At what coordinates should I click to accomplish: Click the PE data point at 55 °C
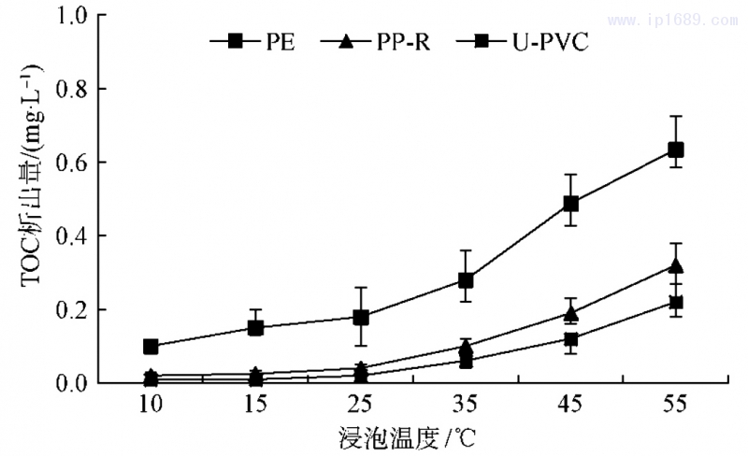pyautogui.click(x=675, y=150)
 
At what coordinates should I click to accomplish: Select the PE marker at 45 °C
pyautogui.click(x=570, y=204)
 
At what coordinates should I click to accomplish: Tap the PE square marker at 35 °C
pyautogui.click(x=466, y=280)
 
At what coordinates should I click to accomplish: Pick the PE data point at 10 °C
pyautogui.click(x=151, y=347)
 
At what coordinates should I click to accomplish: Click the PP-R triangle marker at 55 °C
pyautogui.click(x=675, y=265)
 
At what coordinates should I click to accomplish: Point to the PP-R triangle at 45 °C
pyautogui.click(x=570, y=313)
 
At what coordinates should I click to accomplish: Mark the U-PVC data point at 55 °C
pyautogui.click(x=675, y=302)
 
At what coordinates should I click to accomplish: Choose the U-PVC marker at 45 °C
pyautogui.click(x=570, y=339)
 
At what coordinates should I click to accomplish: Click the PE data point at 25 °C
pyautogui.click(x=361, y=317)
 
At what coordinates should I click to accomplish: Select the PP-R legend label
pyautogui.click(x=405, y=41)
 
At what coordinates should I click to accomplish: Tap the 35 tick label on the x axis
pyautogui.click(x=466, y=404)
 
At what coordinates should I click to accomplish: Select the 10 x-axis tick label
pyautogui.click(x=151, y=404)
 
